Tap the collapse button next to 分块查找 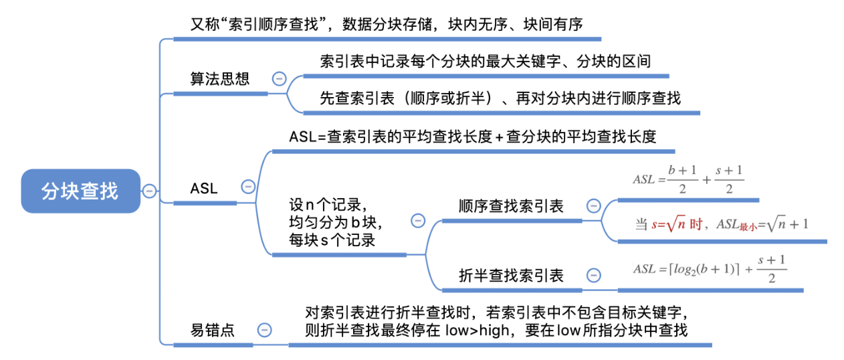tap(149, 191)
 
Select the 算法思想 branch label tap(220, 79)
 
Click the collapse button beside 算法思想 tap(279, 79)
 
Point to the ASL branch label tap(204, 188)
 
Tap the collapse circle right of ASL tap(248, 187)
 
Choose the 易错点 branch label tap(213, 330)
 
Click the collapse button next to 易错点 tap(265, 329)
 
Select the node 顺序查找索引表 tap(511, 206)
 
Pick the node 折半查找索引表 tap(511, 275)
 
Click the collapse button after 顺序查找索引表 tap(593, 205)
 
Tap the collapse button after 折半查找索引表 tap(593, 275)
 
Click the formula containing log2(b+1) tap(710, 270)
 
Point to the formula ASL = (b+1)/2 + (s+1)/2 tap(688, 179)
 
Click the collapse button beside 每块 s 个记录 tap(418, 220)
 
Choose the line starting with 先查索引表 tap(500, 98)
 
